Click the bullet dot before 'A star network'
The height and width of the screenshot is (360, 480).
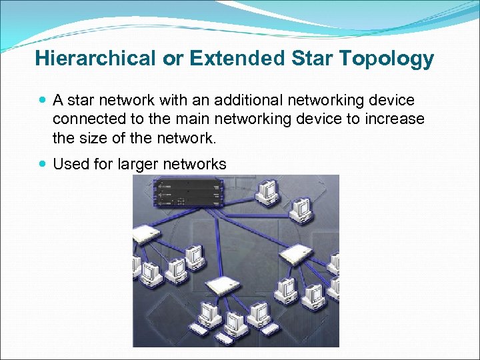(x=43, y=101)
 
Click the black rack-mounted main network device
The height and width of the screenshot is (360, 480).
(x=187, y=194)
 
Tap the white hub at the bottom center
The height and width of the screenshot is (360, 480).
(x=222, y=285)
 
